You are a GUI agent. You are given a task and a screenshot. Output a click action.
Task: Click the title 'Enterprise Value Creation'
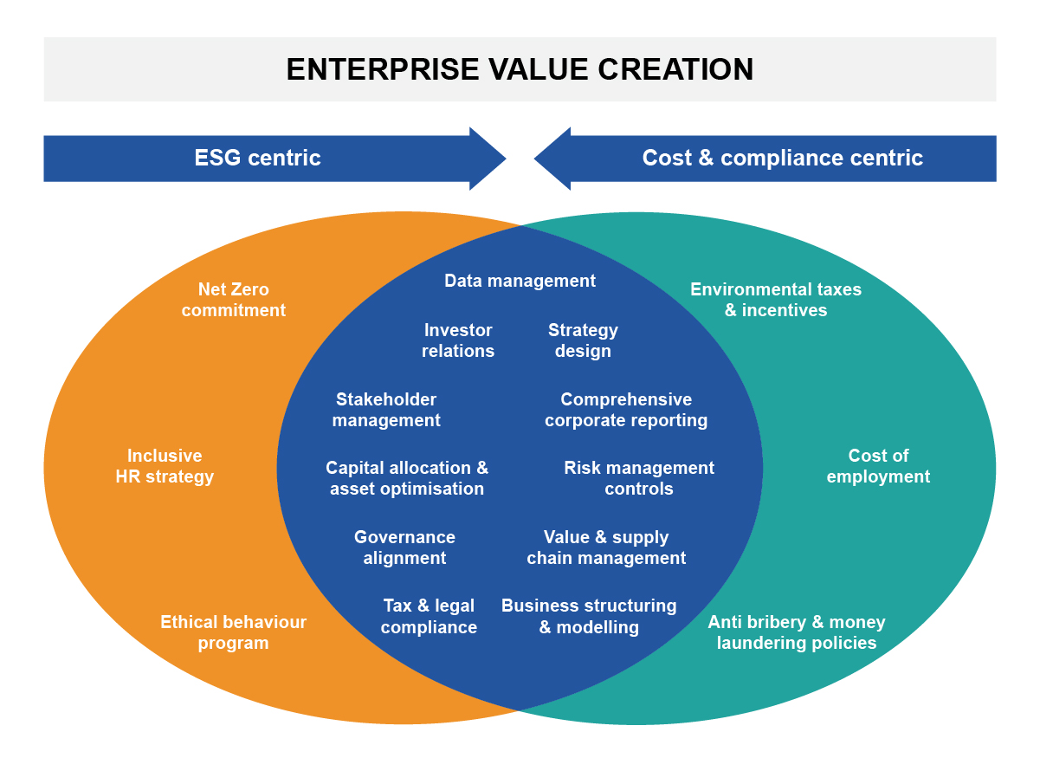click(520, 69)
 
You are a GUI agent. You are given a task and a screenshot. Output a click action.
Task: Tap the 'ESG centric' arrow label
click(257, 158)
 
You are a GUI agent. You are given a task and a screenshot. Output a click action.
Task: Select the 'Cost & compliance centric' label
click(783, 158)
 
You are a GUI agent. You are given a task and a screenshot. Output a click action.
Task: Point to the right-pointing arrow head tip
click(507, 159)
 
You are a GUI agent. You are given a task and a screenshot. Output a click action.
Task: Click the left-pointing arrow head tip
click(534, 159)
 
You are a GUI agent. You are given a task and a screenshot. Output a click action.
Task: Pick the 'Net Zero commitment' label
click(234, 300)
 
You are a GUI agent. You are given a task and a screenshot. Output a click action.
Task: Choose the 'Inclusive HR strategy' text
click(165, 466)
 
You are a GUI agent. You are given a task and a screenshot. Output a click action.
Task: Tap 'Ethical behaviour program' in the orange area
click(234, 632)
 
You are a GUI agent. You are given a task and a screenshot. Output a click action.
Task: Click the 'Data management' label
click(520, 281)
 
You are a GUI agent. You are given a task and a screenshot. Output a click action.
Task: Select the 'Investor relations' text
click(458, 340)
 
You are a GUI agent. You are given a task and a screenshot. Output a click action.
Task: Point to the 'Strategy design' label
click(584, 340)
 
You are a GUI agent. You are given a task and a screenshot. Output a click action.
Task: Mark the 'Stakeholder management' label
click(386, 410)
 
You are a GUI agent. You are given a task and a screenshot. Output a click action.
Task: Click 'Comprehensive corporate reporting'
click(626, 410)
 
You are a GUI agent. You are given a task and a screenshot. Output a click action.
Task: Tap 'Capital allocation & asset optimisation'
click(407, 478)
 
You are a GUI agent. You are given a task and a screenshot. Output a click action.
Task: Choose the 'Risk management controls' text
click(639, 478)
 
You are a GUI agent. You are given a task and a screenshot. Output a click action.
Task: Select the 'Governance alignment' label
click(404, 547)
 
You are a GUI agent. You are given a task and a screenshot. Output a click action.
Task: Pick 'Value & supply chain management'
click(606, 547)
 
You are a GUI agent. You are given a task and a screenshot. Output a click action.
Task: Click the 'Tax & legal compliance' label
click(429, 617)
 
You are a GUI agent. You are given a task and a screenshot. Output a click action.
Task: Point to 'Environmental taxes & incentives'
click(776, 300)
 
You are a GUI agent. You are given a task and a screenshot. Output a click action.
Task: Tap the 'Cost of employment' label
click(878, 466)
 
